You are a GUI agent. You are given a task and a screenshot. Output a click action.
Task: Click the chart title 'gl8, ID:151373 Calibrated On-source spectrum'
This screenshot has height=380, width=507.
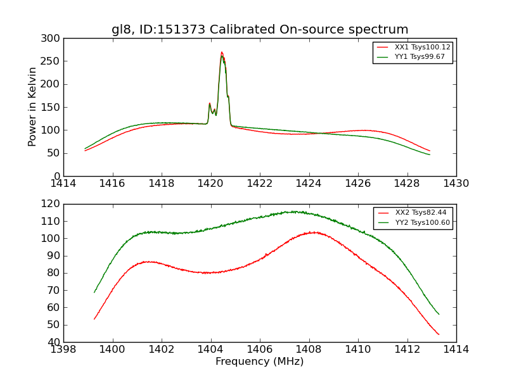click(260, 30)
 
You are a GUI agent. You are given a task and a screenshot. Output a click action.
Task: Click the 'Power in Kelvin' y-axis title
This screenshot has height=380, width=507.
click(32, 107)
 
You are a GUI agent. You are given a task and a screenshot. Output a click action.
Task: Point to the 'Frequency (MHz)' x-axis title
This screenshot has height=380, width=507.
click(260, 362)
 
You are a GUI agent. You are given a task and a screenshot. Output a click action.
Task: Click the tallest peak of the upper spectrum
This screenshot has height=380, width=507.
click(221, 53)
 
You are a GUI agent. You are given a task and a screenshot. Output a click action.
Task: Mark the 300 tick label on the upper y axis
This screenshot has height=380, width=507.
click(53, 39)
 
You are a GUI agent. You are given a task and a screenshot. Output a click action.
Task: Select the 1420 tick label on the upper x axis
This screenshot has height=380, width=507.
click(210, 184)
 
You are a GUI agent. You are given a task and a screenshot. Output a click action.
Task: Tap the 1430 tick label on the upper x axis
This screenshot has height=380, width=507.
click(456, 184)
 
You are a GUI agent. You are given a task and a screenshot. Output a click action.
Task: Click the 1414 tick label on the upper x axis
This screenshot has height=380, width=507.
click(63, 184)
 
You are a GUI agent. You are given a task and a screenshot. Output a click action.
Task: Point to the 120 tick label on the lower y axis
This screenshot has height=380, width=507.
click(53, 204)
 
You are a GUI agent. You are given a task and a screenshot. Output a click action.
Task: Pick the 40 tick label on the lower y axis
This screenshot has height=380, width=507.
click(56, 342)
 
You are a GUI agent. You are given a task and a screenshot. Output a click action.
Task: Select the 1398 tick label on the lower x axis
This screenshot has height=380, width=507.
click(63, 350)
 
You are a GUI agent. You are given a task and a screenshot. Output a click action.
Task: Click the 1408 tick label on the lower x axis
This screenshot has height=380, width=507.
click(309, 350)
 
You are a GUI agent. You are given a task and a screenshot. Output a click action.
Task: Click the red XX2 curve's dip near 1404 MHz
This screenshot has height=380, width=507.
click(208, 273)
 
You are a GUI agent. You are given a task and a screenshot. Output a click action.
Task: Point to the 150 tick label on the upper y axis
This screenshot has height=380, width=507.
click(53, 108)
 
